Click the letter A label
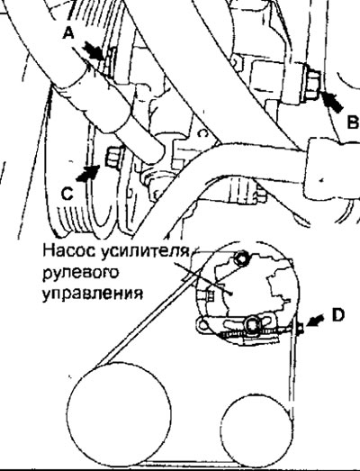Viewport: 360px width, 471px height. pyautogui.click(x=68, y=32)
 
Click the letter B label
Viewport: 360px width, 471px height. pyautogui.click(x=353, y=122)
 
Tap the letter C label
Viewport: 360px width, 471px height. pyautogui.click(x=67, y=193)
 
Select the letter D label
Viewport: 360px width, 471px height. pyautogui.click(x=338, y=315)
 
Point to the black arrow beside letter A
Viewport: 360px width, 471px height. pyautogui.click(x=94, y=51)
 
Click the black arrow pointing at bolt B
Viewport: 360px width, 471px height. pyautogui.click(x=331, y=102)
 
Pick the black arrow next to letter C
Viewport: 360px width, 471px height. pyautogui.click(x=87, y=173)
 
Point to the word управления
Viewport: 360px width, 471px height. pyautogui.click(x=93, y=294)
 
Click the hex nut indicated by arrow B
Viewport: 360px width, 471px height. pyautogui.click(x=312, y=85)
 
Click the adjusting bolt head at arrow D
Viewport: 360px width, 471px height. pyautogui.click(x=300, y=328)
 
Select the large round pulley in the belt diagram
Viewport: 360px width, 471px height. pyautogui.click(x=119, y=414)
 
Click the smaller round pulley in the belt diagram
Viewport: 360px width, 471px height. pyautogui.click(x=257, y=430)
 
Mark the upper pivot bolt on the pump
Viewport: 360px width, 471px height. pyautogui.click(x=241, y=258)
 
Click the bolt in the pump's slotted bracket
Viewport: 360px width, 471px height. pyautogui.click(x=252, y=324)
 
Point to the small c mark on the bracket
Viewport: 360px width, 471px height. pyautogui.click(x=203, y=132)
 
